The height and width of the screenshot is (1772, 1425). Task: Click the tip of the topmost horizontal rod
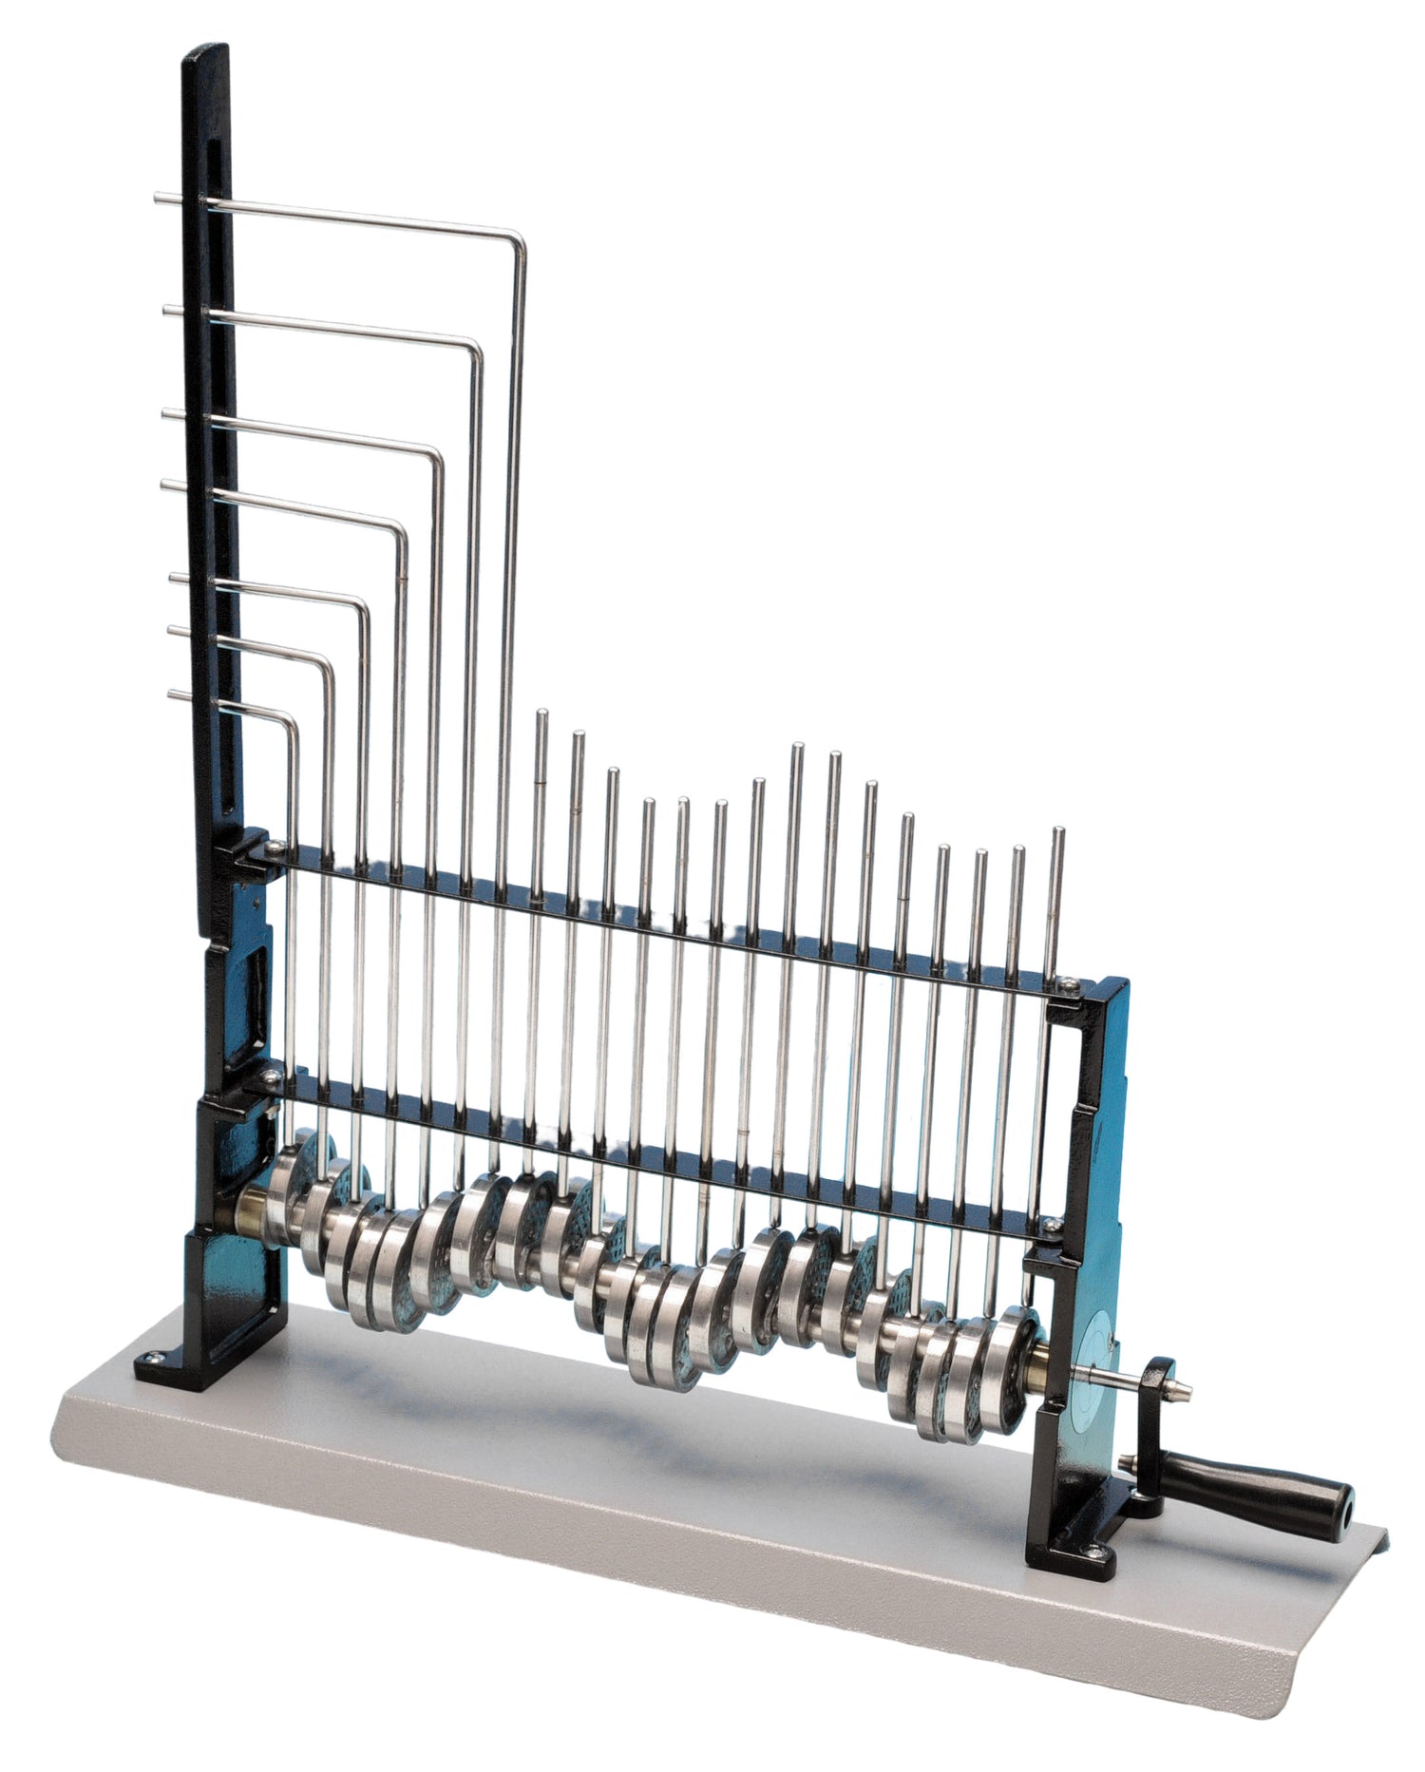(157, 198)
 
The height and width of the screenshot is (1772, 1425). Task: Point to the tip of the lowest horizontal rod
(172, 694)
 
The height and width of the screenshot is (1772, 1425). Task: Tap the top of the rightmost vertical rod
(1056, 831)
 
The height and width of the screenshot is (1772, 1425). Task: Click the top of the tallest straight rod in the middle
(796, 748)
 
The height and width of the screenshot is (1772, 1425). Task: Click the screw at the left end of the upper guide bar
(273, 847)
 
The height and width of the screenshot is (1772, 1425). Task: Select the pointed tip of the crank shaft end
(1190, 1394)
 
